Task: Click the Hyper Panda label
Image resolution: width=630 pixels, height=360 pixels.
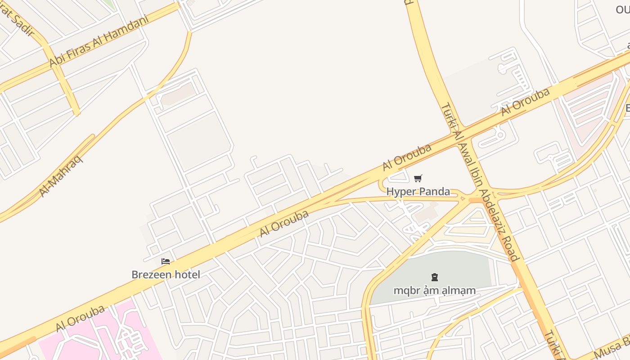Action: tap(418, 191)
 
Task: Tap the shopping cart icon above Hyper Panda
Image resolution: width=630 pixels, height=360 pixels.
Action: tap(418, 179)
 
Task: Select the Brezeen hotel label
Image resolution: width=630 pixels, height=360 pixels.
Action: tap(166, 274)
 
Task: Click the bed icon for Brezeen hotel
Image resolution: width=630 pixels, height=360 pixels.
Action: tap(166, 261)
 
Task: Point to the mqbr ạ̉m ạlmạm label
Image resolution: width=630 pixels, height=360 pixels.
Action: tap(434, 290)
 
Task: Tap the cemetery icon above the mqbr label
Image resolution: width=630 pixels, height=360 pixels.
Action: tap(435, 277)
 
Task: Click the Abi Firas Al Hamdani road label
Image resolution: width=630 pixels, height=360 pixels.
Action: tap(99, 41)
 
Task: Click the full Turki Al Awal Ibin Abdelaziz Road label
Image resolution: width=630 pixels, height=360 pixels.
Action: tap(480, 182)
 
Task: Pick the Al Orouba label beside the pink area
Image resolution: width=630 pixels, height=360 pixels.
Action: tap(80, 318)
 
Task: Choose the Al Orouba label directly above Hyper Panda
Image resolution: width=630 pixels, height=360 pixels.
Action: tap(407, 157)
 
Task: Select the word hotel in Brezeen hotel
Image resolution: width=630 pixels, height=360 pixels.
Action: tap(185, 274)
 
